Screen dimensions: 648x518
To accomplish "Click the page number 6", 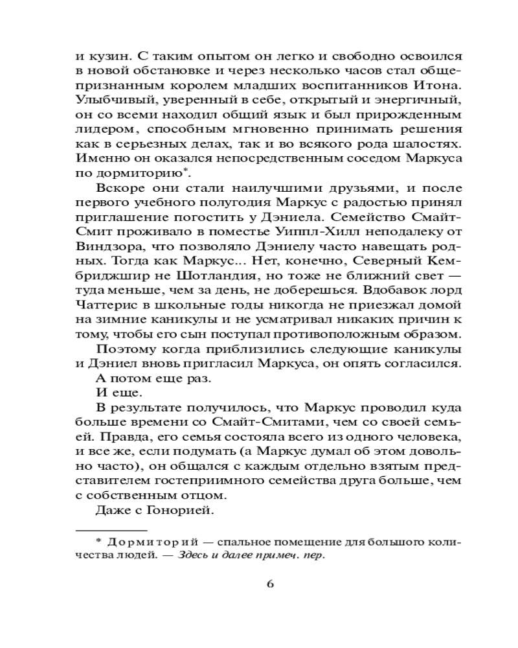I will point(270,583).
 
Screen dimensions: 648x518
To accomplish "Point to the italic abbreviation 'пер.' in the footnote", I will point(313,555).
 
